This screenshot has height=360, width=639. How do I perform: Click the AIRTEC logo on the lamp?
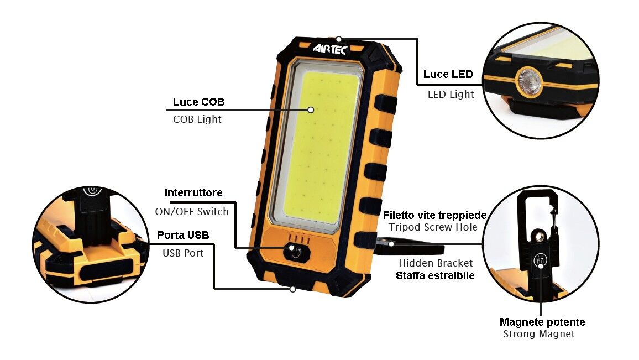click(330, 49)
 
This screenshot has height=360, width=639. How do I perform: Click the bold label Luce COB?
click(198, 102)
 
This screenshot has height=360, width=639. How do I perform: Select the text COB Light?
click(197, 119)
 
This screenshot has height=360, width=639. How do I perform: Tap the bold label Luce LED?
click(448, 74)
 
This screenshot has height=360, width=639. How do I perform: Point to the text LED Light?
click(451, 95)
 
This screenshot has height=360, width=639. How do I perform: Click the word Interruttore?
click(193, 192)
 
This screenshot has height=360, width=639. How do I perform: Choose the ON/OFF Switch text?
click(192, 212)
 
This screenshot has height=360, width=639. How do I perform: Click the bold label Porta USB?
click(183, 235)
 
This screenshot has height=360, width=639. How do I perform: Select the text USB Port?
click(183, 253)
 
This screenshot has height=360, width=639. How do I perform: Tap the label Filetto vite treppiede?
click(435, 215)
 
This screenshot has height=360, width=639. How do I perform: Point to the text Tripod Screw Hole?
click(433, 227)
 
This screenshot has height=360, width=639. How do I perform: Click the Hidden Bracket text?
click(436, 263)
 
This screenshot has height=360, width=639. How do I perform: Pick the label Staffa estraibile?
click(435, 275)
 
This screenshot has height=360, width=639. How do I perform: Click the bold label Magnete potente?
click(542, 322)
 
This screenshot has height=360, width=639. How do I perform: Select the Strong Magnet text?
click(539, 334)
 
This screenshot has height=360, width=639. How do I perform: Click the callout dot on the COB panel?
click(311, 109)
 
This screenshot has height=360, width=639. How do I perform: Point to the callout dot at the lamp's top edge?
click(339, 39)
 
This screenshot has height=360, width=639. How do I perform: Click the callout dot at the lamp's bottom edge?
click(292, 289)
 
